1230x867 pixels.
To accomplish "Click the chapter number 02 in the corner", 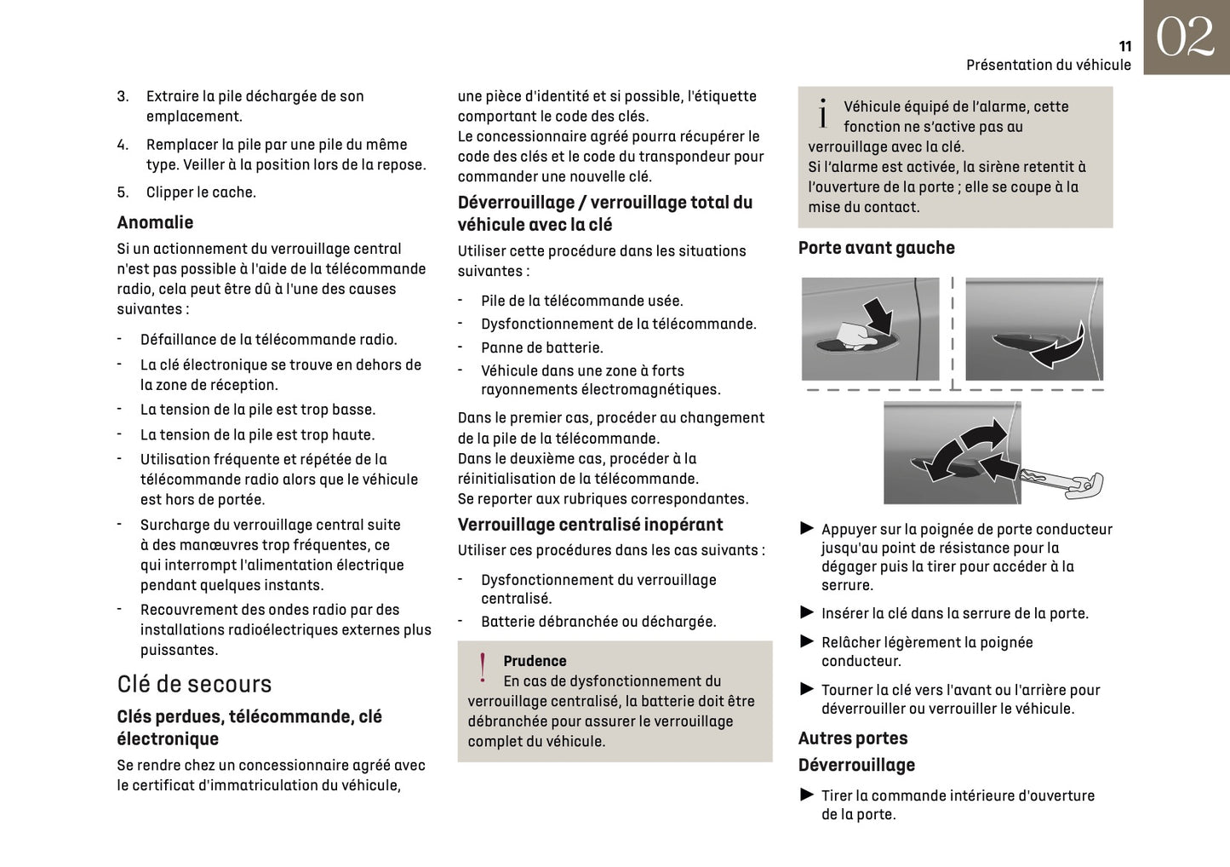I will pyautogui.click(x=1185, y=37).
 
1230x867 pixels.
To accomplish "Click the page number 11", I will pyautogui.click(x=1124, y=47).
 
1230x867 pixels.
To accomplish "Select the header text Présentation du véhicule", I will pyautogui.click(x=1048, y=65).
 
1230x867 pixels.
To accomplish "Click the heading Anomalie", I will pyautogui.click(x=155, y=222).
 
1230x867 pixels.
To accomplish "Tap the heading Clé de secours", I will pyautogui.click(x=194, y=684).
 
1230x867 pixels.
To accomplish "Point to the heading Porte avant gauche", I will pyautogui.click(x=876, y=248).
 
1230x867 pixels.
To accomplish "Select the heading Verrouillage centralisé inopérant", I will pyautogui.click(x=590, y=525).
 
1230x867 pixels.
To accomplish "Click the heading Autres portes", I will pyautogui.click(x=852, y=738).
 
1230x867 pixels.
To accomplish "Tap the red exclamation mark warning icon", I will pyautogui.click(x=483, y=669).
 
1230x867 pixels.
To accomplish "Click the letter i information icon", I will pyautogui.click(x=822, y=113).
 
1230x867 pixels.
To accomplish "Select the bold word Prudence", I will pyautogui.click(x=535, y=661).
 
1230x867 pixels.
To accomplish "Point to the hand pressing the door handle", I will pyautogui.click(x=855, y=335).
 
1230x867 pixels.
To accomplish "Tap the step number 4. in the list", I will pyautogui.click(x=123, y=145).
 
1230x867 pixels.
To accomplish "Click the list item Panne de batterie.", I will pyautogui.click(x=541, y=347).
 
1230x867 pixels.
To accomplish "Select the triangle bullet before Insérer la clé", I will pyautogui.click(x=807, y=613).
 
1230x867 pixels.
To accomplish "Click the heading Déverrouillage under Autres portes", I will pyautogui.click(x=855, y=765).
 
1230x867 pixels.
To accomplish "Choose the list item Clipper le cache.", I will pyautogui.click(x=201, y=192).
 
